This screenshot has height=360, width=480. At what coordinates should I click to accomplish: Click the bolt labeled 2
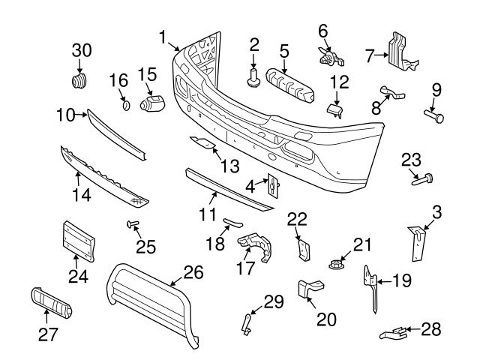click(253, 76)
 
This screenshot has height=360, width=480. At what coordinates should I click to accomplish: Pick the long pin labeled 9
click(433, 115)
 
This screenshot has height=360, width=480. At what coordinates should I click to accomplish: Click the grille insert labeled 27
click(50, 304)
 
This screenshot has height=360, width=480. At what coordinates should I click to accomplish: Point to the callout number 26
click(193, 273)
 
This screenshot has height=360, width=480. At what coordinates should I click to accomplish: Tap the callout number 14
click(79, 196)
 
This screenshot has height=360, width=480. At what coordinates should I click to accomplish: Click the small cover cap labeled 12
click(334, 109)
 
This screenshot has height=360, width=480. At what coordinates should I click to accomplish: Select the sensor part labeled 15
click(154, 100)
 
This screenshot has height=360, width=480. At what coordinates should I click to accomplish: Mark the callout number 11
click(208, 216)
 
